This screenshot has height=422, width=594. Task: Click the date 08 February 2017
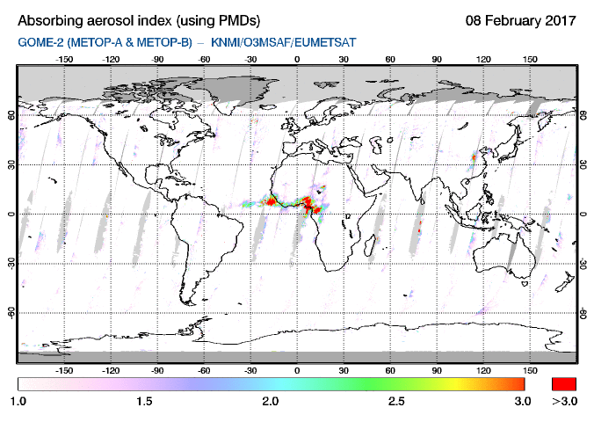pyautogui.click(x=521, y=20)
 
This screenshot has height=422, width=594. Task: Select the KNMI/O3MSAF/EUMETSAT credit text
pyautogui.click(x=284, y=42)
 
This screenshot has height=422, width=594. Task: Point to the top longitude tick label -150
pyautogui.click(x=64, y=60)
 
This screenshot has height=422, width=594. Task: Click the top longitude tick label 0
pyautogui.click(x=297, y=60)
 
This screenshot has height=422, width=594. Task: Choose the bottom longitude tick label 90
pyautogui.click(x=437, y=370)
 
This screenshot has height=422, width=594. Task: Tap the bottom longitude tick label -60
pyautogui.click(x=204, y=370)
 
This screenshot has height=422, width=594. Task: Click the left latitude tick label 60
pyautogui.click(x=11, y=115)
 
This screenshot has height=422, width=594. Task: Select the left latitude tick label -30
pyautogui.click(x=11, y=263)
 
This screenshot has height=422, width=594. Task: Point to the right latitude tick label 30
pyautogui.click(x=583, y=165)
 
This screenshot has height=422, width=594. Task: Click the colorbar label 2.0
pyautogui.click(x=271, y=401)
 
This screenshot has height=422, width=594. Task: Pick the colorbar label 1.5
pyautogui.click(x=144, y=401)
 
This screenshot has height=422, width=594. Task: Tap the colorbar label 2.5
pyautogui.click(x=396, y=401)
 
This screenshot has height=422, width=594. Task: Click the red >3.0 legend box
pyautogui.click(x=564, y=384)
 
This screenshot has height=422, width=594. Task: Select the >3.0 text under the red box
pyautogui.click(x=564, y=401)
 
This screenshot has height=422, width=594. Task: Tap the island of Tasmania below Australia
pyautogui.click(x=525, y=284)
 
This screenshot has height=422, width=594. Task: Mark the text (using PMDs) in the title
pyautogui.click(x=218, y=21)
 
